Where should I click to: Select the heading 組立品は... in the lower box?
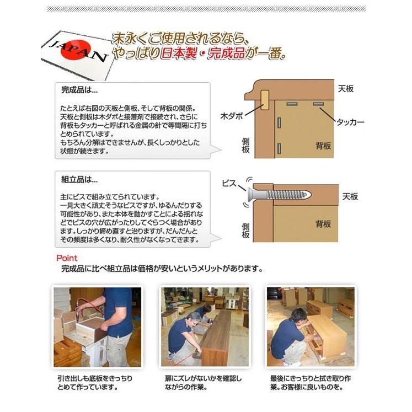pos(79,179)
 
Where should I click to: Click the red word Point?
pos(67,258)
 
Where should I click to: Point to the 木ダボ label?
pos(232,116)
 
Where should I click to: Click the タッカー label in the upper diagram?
pos(349,123)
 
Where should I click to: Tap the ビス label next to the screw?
pos(229,183)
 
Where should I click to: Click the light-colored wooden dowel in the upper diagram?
pos(264,101)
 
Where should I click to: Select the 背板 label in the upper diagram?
pos(323,146)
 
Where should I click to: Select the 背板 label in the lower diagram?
pos(323,223)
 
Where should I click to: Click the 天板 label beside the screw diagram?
pos(350,196)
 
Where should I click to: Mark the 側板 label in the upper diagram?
pos(246,146)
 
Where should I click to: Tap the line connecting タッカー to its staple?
pos(328,114)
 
